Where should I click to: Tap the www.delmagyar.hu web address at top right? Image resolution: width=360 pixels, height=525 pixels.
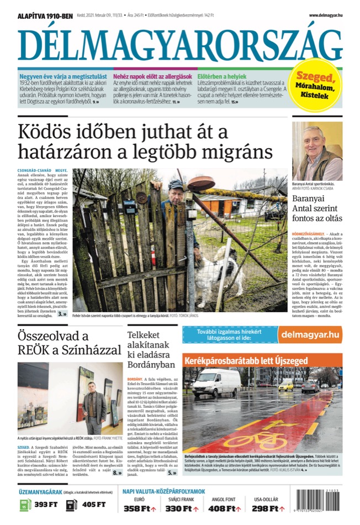[325, 15]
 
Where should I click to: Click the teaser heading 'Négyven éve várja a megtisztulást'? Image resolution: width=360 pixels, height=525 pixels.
[62, 77]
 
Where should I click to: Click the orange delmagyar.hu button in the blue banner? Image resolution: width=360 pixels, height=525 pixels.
[309, 334]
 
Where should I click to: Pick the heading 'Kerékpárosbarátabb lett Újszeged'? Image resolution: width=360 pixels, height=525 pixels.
[246, 361]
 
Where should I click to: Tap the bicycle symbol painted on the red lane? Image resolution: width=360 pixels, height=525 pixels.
[255, 440]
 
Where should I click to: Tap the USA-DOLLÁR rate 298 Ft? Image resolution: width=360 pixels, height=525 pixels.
[268, 508]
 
